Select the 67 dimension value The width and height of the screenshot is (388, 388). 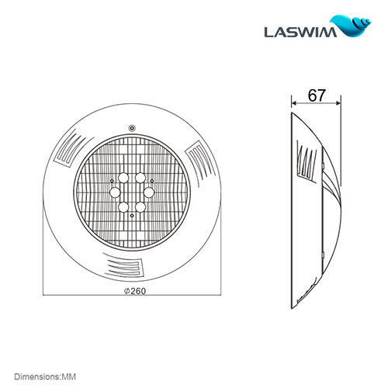[316, 95]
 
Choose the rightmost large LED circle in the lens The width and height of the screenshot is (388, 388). [150, 191]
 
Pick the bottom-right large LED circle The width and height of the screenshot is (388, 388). [140, 206]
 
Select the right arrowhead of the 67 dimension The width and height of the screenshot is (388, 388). [338, 104]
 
